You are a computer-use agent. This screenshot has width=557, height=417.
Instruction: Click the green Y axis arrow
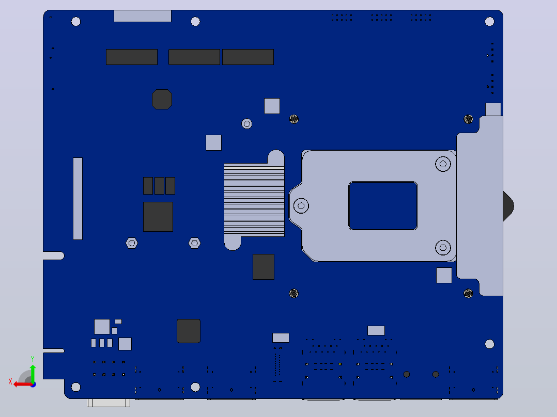tap(33, 373)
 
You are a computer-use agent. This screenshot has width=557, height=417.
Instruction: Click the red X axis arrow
tap(22, 384)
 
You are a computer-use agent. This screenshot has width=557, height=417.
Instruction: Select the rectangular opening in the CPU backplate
tap(383, 206)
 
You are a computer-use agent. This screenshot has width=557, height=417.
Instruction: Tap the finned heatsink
tap(254, 200)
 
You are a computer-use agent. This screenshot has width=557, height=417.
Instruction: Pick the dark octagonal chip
tap(162, 100)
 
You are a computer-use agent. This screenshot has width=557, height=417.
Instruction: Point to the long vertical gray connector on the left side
tap(78, 199)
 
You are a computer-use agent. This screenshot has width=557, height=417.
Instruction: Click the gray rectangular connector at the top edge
tap(143, 16)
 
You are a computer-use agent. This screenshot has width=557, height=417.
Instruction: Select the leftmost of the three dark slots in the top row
tap(132, 57)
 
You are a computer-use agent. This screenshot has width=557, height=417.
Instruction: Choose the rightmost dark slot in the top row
tap(248, 57)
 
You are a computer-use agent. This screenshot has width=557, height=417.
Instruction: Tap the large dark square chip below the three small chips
tap(158, 217)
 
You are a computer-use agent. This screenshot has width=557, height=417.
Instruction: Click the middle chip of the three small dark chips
tap(160, 186)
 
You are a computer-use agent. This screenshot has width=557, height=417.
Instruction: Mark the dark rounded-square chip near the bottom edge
tap(189, 331)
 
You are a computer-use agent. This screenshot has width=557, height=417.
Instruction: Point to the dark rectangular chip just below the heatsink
tap(264, 267)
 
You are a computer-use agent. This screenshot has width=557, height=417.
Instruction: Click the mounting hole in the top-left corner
tap(75, 22)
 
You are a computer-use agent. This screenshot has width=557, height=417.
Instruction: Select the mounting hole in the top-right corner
tap(489, 22)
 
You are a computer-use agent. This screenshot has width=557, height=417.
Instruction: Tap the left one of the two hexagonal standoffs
tap(132, 243)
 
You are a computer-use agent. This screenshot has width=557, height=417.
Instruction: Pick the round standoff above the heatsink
tap(247, 124)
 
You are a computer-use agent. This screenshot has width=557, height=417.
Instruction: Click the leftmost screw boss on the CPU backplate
tap(301, 206)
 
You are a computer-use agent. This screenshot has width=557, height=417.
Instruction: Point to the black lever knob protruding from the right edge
tap(508, 206)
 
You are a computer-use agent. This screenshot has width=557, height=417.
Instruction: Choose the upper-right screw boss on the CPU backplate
tap(443, 164)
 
